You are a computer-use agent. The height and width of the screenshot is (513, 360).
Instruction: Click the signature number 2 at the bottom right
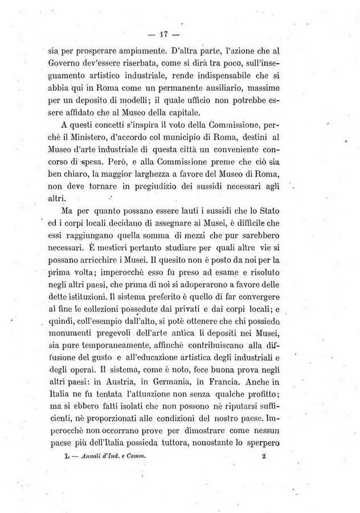[264, 455]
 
